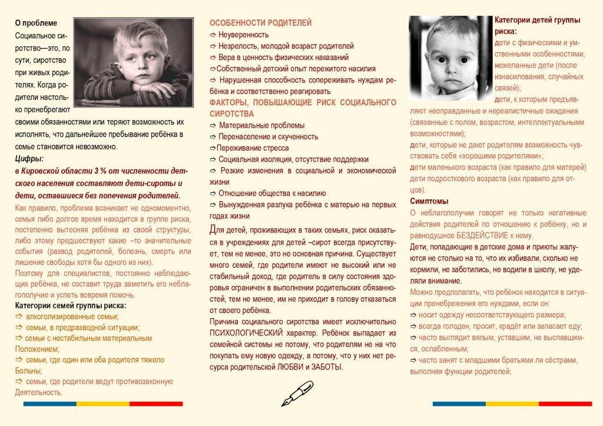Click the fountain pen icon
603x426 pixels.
297,392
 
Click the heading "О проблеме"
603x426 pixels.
36,23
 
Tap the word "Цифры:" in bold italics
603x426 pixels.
29,158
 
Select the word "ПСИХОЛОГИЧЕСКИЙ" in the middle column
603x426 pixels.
247,332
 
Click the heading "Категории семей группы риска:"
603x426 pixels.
71,305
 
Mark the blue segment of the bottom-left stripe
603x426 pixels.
49,404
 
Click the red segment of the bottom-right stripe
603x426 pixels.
565,404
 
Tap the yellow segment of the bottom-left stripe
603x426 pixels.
102,404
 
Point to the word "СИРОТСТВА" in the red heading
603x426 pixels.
232,114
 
